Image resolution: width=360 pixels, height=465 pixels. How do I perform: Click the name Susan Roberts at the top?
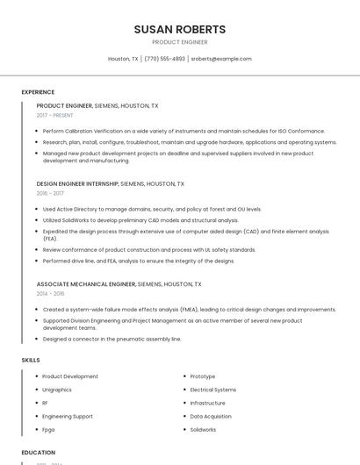[179, 29]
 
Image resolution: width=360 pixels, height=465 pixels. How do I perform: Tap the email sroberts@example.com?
[221, 59]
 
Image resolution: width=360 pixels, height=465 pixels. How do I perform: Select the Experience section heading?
[38, 92]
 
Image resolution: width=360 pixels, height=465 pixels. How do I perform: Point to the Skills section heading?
[31, 360]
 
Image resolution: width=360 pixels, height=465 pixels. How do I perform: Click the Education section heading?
[39, 453]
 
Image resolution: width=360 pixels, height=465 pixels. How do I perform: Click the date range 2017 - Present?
[55, 115]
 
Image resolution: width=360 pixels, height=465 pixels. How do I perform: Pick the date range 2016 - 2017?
[50, 193]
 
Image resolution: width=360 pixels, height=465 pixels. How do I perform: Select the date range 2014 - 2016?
[50, 293]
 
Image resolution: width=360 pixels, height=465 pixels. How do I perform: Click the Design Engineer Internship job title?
[76, 184]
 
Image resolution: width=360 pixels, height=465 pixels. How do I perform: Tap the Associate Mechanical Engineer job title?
[86, 284]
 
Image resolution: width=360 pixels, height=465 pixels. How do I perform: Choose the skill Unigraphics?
[57, 390]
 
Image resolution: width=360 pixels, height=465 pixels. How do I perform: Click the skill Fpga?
[48, 430]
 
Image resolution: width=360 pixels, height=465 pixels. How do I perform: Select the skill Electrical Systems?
[213, 390]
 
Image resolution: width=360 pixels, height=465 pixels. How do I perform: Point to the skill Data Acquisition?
[211, 417]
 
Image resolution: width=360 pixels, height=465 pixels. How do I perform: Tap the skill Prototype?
[203, 376]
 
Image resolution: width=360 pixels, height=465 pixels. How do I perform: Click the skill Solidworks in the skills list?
[203, 430]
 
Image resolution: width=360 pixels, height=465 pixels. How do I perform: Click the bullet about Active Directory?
[152, 210]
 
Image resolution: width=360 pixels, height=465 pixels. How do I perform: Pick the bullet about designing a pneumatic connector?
[112, 339]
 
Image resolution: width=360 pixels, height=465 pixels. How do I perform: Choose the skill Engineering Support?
[68, 417]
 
